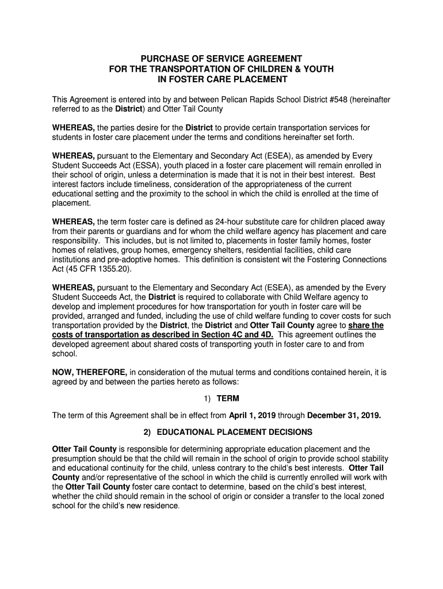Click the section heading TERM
coord(228,399)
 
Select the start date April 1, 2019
coord(258,415)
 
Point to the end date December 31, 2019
coord(344,415)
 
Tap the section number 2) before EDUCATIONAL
coord(147,432)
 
